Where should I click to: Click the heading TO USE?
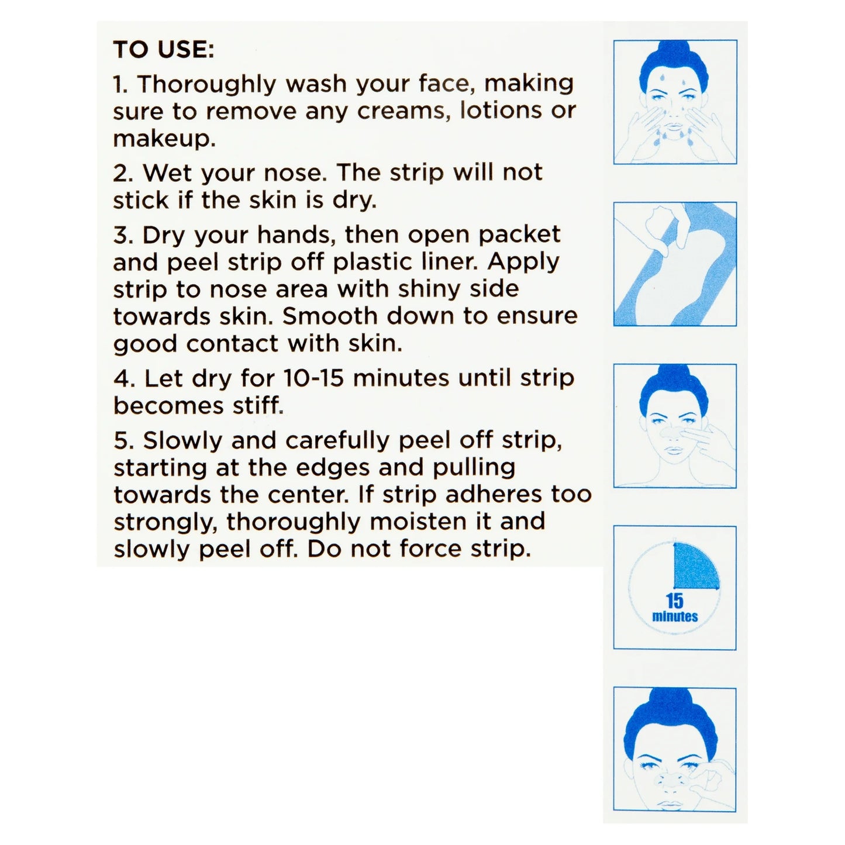click(x=164, y=49)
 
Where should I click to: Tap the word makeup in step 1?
click(x=161, y=139)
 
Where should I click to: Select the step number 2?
click(x=122, y=173)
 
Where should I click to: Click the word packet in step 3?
click(x=519, y=235)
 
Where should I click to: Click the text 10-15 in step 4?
click(x=315, y=378)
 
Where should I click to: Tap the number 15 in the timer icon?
click(x=674, y=601)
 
